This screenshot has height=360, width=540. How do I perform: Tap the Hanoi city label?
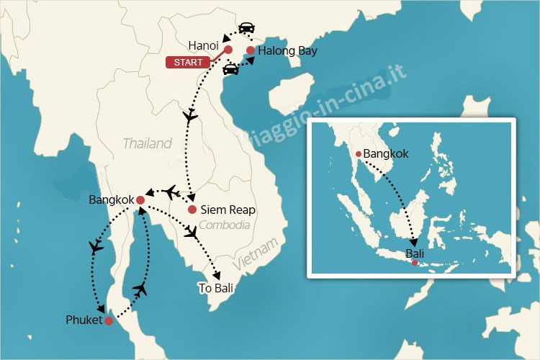(203, 45)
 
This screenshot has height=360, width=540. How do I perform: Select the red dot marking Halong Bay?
(250, 50)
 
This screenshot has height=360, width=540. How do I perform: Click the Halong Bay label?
(287, 50)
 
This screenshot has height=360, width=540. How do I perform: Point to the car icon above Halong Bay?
(246, 28)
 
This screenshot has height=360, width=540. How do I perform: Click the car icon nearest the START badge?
(231, 69)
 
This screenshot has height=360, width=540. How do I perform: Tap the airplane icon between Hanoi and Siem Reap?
(191, 115)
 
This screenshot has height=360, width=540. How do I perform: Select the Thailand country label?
(148, 143)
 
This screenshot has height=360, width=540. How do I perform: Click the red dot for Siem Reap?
(192, 210)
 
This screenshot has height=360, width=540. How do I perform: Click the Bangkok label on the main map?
(111, 199)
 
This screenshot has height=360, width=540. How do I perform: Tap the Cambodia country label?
(225, 225)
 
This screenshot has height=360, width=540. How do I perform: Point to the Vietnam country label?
(255, 256)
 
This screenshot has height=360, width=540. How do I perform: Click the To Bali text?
(216, 288)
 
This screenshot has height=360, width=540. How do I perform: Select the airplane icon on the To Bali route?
(192, 233)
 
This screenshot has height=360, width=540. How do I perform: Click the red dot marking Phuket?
(109, 321)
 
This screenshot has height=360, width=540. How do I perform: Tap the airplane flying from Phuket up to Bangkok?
(140, 289)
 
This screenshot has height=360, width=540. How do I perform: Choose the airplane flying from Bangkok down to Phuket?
(96, 248)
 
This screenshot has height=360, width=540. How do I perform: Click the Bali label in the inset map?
(415, 253)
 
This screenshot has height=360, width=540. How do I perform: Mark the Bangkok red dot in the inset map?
(359, 153)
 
